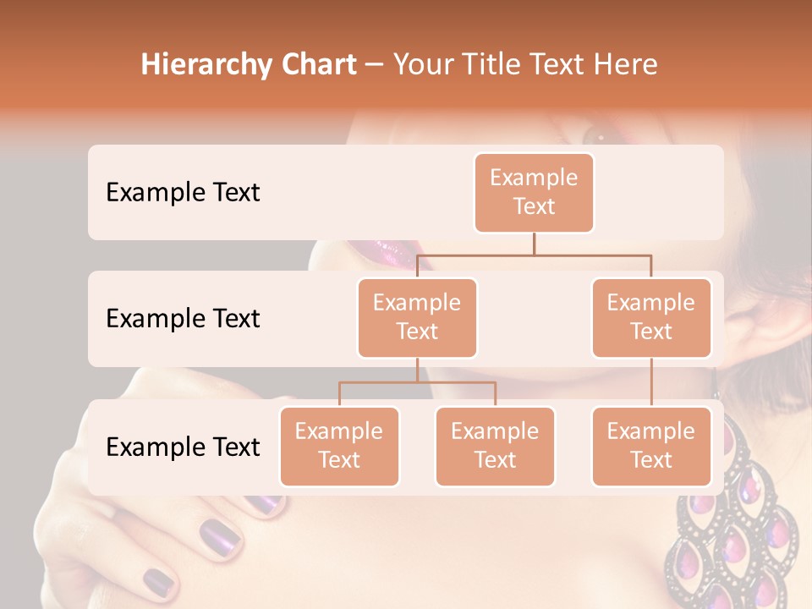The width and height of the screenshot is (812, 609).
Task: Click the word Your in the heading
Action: (422, 65)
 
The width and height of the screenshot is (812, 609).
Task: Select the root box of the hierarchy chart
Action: (534, 192)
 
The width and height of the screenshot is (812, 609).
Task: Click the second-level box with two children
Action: (417, 317)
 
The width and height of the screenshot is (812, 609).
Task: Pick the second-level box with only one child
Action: (651, 317)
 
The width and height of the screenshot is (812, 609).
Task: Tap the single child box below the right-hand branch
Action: (651, 446)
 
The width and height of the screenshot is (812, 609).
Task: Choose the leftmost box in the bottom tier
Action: (339, 446)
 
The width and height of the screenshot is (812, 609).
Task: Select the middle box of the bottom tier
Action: (495, 446)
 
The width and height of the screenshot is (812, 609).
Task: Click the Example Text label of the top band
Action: (183, 192)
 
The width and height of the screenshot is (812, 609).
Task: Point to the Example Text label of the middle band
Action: (183, 318)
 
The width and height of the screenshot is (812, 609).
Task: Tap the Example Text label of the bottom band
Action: (183, 447)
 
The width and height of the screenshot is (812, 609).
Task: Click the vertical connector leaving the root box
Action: (534, 244)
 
